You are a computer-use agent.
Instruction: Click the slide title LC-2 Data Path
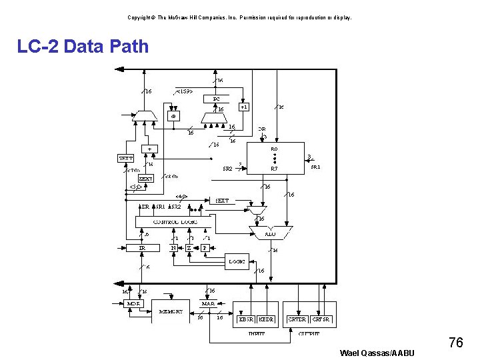(83, 47)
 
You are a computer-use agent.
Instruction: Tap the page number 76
(456, 343)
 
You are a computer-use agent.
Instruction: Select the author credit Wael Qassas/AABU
(377, 353)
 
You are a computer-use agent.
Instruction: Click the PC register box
(216, 99)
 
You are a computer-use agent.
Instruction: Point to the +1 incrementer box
(244, 107)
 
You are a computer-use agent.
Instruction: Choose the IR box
(142, 248)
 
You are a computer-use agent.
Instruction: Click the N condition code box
(174, 248)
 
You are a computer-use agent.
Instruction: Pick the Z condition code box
(189, 248)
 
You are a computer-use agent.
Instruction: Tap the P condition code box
(205, 248)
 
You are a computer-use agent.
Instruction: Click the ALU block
(270, 234)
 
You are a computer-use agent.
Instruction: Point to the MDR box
(134, 303)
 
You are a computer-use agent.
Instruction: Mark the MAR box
(208, 303)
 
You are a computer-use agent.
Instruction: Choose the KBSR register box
(246, 320)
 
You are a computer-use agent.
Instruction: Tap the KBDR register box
(266, 320)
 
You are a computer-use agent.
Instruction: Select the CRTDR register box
(297, 320)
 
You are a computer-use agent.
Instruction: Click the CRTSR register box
(321, 320)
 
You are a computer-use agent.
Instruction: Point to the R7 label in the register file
(274, 169)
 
